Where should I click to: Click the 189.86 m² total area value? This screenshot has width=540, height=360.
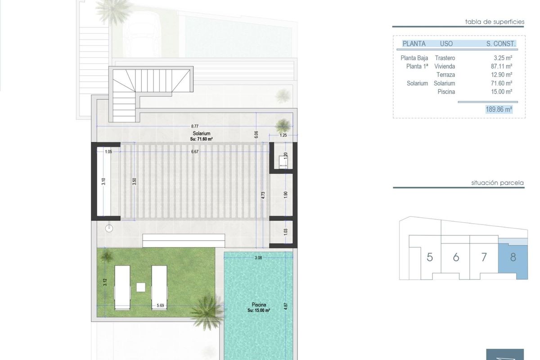[499, 109]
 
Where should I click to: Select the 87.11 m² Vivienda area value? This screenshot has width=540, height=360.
[500, 66]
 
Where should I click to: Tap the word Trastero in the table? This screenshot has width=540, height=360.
[445, 58]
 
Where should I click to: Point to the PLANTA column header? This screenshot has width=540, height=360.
[414, 44]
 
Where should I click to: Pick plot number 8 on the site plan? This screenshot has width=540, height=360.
[513, 257]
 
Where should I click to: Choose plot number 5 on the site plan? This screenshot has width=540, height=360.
[430, 257]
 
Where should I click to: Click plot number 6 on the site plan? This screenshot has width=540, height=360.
[456, 257]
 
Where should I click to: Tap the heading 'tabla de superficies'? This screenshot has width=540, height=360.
[495, 22]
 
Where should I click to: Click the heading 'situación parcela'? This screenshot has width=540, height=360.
[497, 183]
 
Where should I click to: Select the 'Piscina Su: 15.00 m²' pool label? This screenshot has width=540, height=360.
[258, 307]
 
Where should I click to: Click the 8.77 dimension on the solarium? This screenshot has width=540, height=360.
[194, 127]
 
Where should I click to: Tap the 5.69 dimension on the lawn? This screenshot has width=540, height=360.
[160, 306]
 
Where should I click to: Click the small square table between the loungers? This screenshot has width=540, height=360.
[141, 286]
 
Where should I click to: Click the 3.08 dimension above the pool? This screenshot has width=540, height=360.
[258, 258]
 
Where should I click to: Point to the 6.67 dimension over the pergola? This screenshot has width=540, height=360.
[194, 152]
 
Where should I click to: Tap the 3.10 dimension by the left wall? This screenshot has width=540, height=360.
[103, 182]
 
